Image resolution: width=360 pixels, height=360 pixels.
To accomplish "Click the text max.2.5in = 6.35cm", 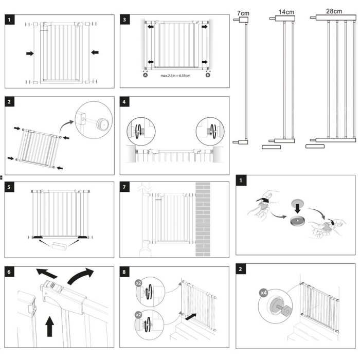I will [176, 76].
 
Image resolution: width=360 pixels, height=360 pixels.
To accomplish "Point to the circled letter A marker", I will [146, 75].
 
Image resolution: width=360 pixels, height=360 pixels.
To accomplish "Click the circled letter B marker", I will [208, 75].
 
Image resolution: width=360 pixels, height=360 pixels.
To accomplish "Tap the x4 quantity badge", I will [263, 293].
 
